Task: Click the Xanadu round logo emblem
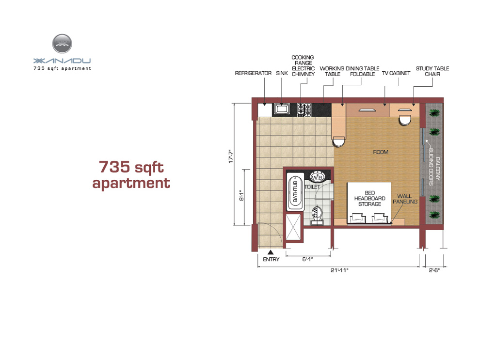[62, 44]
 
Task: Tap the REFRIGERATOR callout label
[253, 74]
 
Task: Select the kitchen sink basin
[282, 109]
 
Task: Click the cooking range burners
[304, 110]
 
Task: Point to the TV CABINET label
[396, 74]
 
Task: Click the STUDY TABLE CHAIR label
[432, 71]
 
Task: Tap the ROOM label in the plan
[381, 152]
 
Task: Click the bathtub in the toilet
[295, 192]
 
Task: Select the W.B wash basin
[317, 177]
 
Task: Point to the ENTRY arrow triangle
[271, 252]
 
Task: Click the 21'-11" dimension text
[339, 270]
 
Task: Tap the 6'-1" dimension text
[308, 259]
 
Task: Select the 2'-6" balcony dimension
[434, 270]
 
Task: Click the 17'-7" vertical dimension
[231, 157]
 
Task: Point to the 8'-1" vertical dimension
[242, 195]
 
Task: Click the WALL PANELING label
[405, 199]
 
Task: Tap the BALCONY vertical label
[437, 169]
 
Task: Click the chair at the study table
[405, 120]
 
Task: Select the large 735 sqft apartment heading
[131, 175]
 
